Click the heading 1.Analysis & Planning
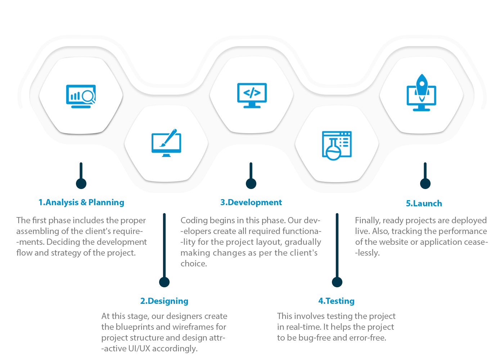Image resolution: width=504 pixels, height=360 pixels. pyautogui.click(x=81, y=202)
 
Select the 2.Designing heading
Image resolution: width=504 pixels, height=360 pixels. pyautogui.click(x=164, y=301)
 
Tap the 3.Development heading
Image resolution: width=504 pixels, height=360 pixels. pyautogui.click(x=251, y=202)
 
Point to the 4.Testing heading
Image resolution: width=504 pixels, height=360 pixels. pyautogui.click(x=336, y=301)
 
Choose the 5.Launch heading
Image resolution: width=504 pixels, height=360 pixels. pyautogui.click(x=424, y=203)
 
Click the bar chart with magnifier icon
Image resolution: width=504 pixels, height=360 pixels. pyautogui.click(x=81, y=96)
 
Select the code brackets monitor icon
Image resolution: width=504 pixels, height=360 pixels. pyautogui.click(x=252, y=95)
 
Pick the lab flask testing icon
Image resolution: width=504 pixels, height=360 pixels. pyautogui.click(x=337, y=145)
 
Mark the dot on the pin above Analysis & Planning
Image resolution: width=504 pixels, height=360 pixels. pyautogui.click(x=81, y=184)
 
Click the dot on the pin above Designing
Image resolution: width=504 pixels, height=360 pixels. pyautogui.click(x=164, y=282)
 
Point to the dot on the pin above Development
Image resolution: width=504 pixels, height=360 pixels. pyautogui.click(x=251, y=184)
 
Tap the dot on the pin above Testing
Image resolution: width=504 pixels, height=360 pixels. pyautogui.click(x=337, y=282)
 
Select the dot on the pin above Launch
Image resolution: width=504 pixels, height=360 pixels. pyautogui.click(x=425, y=184)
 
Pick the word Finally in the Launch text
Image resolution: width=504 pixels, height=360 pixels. pyautogui.click(x=368, y=220)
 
